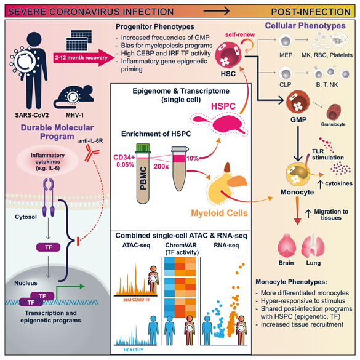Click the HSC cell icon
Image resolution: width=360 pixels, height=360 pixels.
pos(228,55)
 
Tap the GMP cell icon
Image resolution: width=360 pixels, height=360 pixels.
pos(298,102)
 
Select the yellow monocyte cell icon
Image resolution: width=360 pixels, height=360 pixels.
pos(297,175)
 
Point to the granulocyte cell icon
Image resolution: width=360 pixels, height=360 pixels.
pos(334,112)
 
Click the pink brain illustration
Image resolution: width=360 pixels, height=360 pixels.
pos(287,246)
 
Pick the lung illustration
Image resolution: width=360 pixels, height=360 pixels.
pos(313,246)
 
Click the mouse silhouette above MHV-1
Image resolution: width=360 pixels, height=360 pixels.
pos(74,97)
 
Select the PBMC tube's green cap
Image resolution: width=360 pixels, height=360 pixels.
pos(143,148)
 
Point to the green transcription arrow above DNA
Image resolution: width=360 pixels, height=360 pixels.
pos(69,291)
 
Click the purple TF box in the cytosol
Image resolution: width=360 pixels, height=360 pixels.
pos(49,247)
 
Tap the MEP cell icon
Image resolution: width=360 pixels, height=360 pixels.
pos(285,41)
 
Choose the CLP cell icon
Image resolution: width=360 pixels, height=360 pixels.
pos(285,73)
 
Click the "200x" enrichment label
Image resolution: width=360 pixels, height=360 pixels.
pos(161,166)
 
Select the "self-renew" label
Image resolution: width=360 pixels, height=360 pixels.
pos(240,34)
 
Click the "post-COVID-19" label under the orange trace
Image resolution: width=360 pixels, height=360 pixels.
pos(136,300)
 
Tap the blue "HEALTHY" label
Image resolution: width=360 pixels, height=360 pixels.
pos(134,350)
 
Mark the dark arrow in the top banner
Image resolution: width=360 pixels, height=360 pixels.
pos(216,10)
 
